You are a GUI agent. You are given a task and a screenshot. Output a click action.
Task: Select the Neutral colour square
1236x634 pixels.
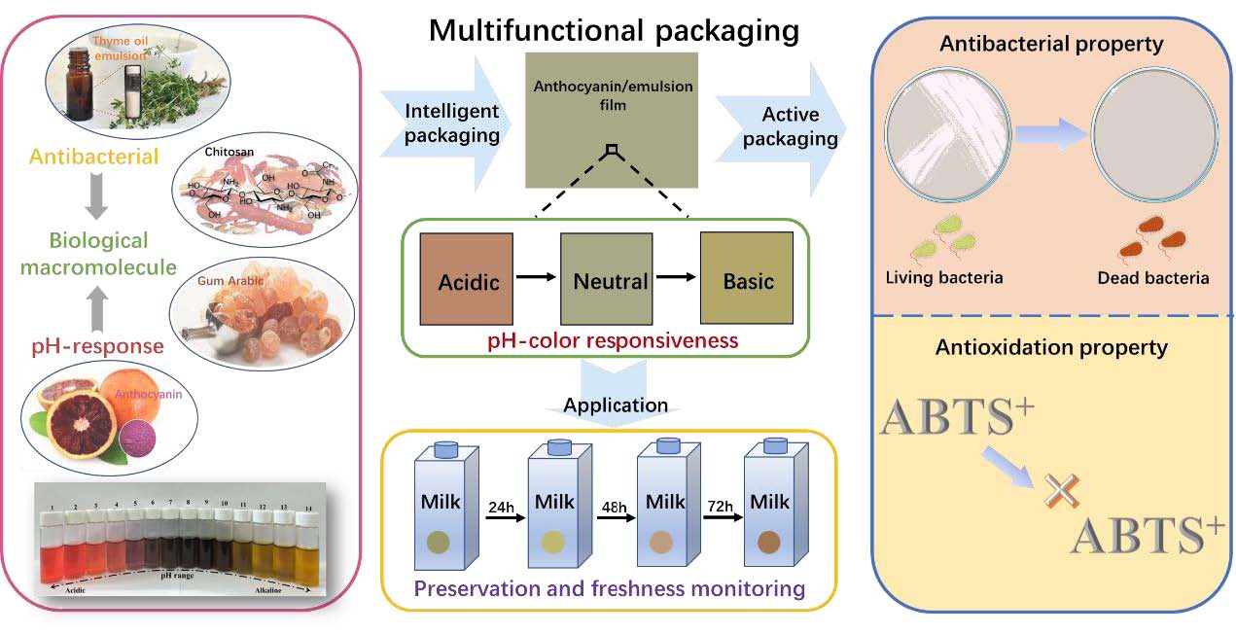610,282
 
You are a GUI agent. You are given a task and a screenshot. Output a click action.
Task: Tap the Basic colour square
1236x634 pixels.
748,282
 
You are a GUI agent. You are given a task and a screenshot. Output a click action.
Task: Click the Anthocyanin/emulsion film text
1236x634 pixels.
613,95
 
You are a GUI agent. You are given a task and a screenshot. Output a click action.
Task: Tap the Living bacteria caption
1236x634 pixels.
944,278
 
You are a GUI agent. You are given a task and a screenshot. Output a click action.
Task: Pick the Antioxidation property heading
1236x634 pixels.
1051,347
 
